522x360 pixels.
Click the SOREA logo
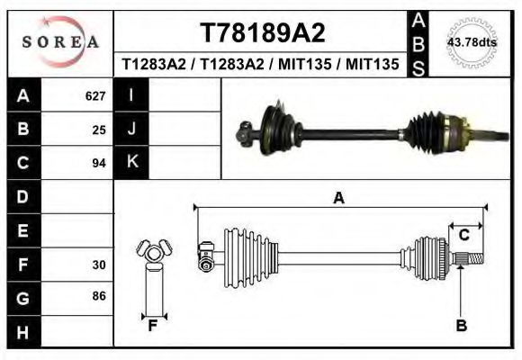click(x=59, y=42)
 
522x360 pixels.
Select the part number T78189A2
click(x=262, y=33)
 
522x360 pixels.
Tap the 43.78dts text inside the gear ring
click(x=472, y=42)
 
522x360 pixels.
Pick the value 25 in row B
click(x=99, y=130)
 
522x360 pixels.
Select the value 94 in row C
click(x=99, y=163)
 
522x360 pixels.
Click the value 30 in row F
click(x=99, y=265)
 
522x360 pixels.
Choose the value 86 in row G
click(x=99, y=296)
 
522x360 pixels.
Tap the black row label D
click(x=22, y=197)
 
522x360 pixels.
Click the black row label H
click(x=22, y=332)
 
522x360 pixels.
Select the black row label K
click(x=131, y=163)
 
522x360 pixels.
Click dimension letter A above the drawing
click(x=338, y=198)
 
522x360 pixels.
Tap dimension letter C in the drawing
click(x=464, y=235)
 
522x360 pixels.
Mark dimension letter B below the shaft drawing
click(x=461, y=326)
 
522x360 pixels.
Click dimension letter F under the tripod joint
click(x=153, y=326)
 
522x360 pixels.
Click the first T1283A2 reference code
click(x=156, y=65)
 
